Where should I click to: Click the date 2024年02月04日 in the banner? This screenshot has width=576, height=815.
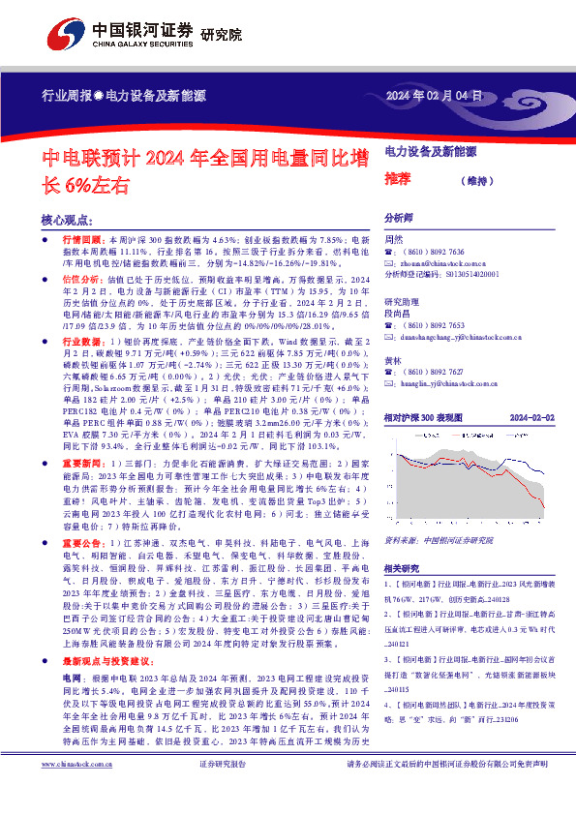434,94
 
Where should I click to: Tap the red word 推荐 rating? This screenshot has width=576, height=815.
399,179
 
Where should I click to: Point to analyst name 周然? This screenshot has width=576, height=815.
394,239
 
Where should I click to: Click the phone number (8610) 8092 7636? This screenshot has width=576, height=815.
430,252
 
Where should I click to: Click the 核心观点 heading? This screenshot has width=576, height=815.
69,220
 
